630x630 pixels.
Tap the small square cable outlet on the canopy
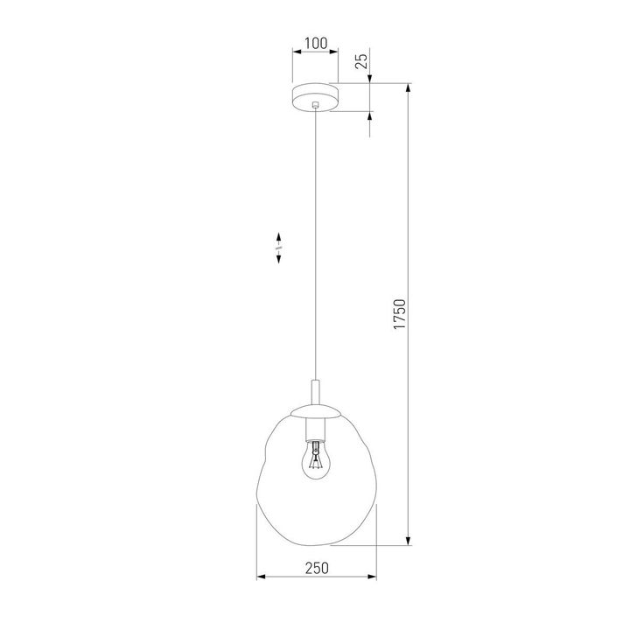[x=315, y=106]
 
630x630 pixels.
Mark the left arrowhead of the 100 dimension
[x=296, y=52]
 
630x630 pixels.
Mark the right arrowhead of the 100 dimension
[x=333, y=52]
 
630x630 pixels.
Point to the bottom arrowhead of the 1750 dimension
[x=409, y=542]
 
